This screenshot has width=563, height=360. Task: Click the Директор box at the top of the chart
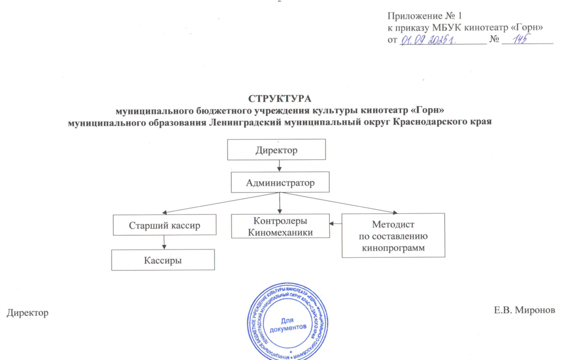(x=277, y=149)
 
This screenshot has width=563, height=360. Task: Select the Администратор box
(x=280, y=182)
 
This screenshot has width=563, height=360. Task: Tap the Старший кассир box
(x=164, y=225)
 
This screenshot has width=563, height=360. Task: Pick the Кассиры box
(x=163, y=260)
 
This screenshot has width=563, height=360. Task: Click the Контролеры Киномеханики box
(x=280, y=226)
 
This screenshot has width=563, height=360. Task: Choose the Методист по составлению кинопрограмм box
(x=393, y=235)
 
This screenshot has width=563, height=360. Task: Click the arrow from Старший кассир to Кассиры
(x=164, y=242)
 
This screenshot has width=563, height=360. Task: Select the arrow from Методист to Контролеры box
(x=335, y=223)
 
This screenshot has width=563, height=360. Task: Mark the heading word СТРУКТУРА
(x=280, y=99)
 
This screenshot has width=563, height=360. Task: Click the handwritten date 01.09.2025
(x=427, y=40)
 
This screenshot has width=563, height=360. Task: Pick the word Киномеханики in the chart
(x=280, y=232)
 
